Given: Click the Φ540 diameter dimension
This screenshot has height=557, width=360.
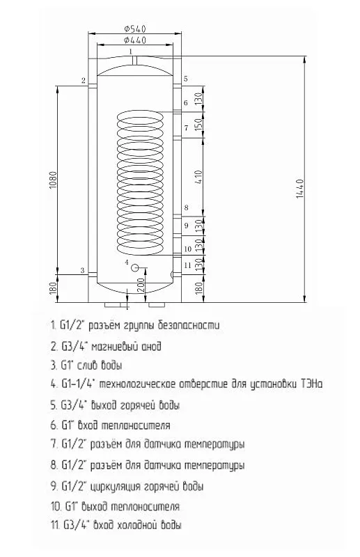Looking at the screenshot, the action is (135, 29).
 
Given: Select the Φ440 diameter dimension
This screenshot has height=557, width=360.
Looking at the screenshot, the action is (135, 40).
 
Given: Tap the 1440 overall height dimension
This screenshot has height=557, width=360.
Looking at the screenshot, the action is (300, 189).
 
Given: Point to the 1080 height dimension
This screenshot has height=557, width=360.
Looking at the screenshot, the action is (53, 180).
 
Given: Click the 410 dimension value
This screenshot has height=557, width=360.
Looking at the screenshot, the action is (198, 177).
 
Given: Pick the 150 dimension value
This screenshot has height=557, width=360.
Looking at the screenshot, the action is (198, 125).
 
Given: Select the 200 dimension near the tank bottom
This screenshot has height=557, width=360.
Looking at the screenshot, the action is (141, 285).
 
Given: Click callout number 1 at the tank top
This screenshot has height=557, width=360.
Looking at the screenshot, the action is (131, 51).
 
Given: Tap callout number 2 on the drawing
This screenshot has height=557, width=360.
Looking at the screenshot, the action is (83, 80).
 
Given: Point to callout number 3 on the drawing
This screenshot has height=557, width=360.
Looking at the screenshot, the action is (82, 271).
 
